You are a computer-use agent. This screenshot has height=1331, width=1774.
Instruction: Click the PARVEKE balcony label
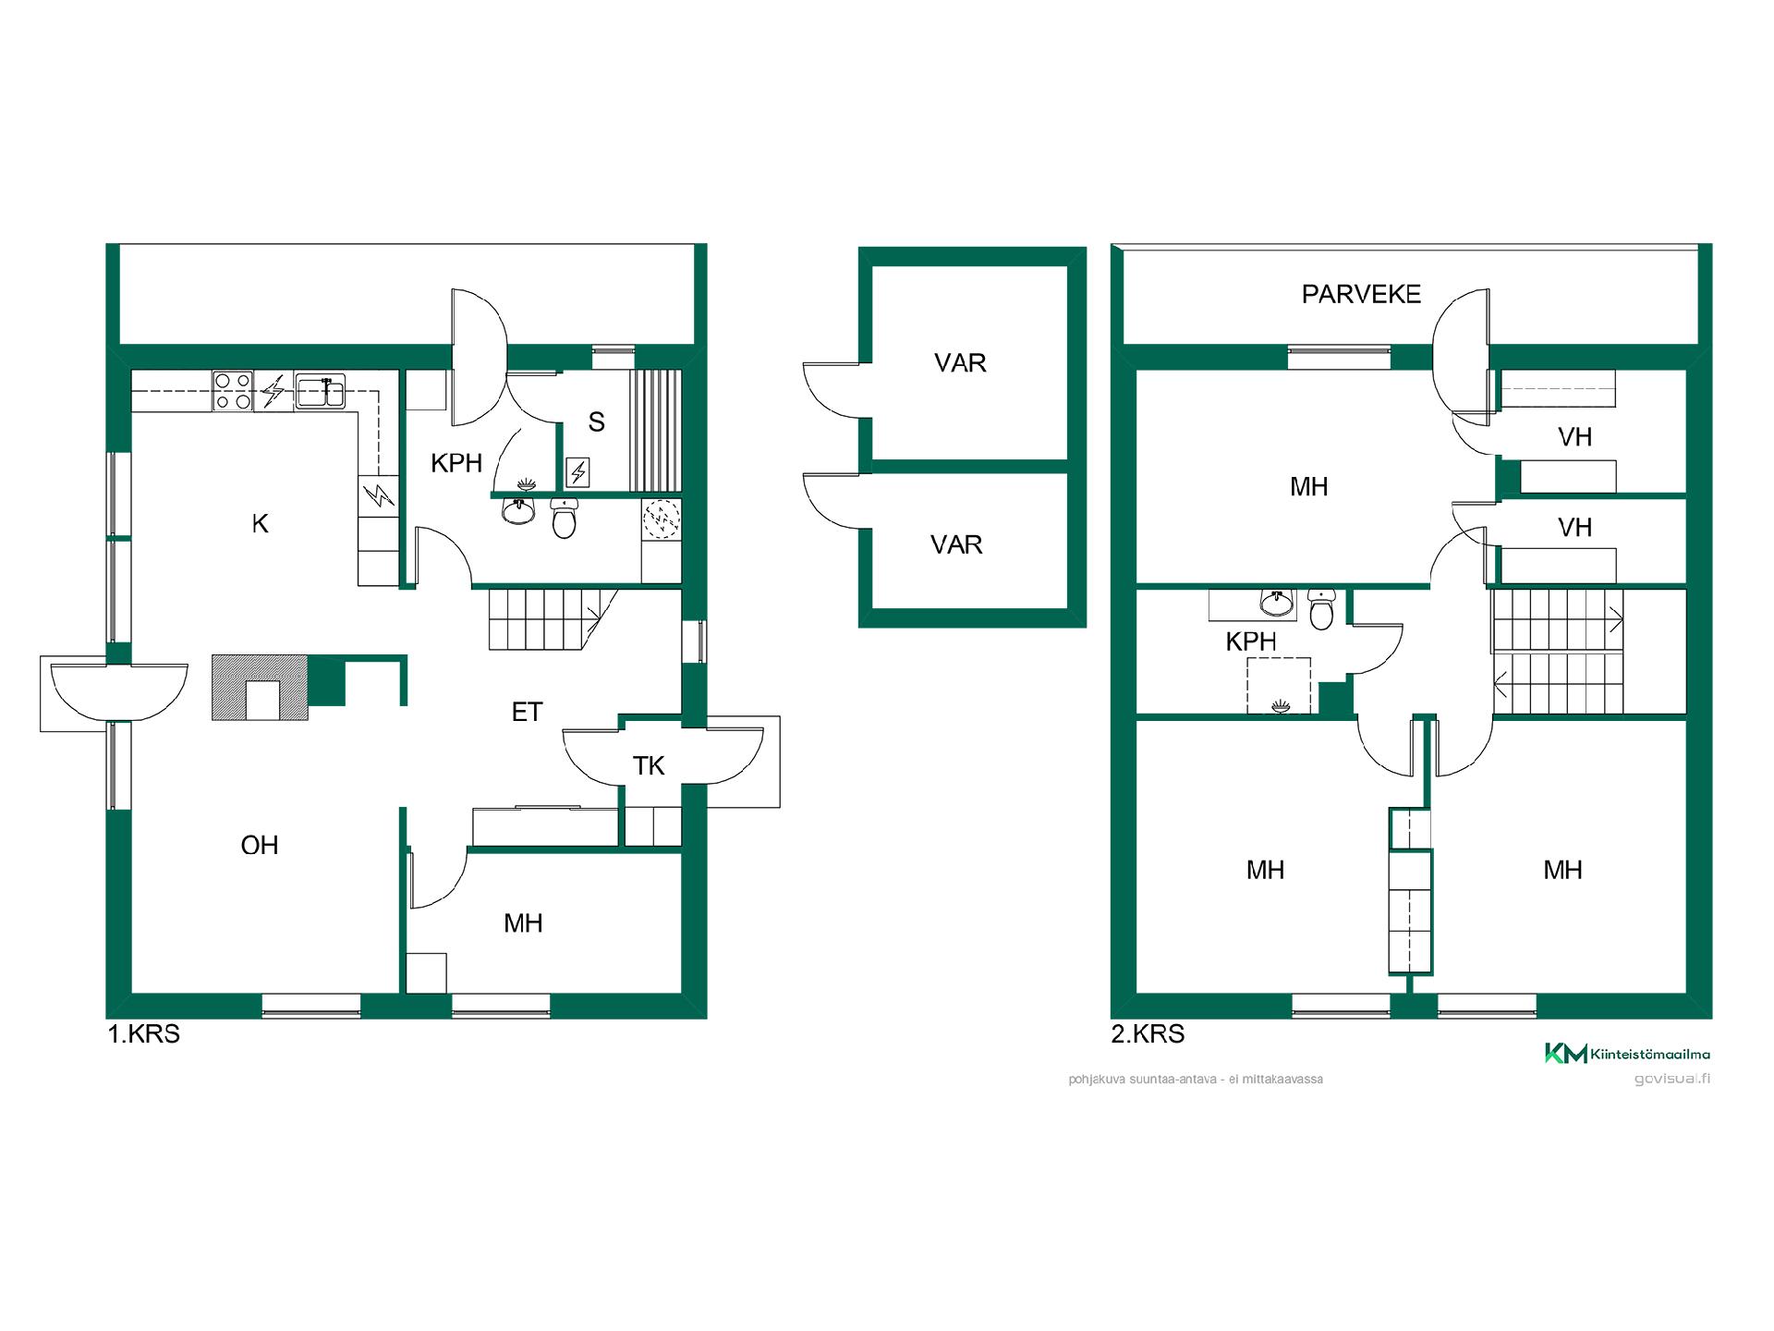(x=1361, y=294)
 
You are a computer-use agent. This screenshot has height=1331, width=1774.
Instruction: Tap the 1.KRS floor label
(x=144, y=1033)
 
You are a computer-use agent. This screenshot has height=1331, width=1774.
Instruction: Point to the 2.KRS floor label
(x=1148, y=1033)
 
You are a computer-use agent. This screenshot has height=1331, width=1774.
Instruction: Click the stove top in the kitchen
(x=233, y=390)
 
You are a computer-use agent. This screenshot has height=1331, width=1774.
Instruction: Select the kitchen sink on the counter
(x=320, y=390)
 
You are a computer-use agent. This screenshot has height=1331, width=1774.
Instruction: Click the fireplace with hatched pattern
(x=260, y=687)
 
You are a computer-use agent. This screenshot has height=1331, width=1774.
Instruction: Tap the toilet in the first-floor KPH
(x=564, y=518)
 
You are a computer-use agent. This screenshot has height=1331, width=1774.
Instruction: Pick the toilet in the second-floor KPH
(x=1321, y=608)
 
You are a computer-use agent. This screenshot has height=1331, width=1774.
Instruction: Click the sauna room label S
(x=597, y=422)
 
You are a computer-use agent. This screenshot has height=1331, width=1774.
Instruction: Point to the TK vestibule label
(x=649, y=765)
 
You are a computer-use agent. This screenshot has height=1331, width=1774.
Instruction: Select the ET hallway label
(x=527, y=712)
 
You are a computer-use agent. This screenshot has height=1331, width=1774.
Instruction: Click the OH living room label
(x=260, y=845)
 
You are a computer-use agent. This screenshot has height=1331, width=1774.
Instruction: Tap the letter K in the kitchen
(x=260, y=523)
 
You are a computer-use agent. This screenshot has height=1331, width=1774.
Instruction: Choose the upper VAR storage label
(x=960, y=363)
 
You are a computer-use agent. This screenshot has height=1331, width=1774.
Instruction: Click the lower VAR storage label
(x=956, y=544)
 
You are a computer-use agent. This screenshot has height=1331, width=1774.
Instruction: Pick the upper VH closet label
(x=1575, y=436)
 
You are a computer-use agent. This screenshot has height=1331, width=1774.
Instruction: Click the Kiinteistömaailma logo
(x=1627, y=1053)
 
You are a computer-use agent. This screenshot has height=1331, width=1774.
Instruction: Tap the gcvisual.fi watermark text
(x=1671, y=1079)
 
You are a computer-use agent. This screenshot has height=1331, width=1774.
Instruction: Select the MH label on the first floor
(x=523, y=922)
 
